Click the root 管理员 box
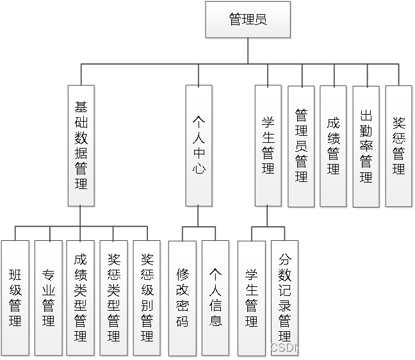click(x=247, y=19)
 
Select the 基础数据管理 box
click(x=81, y=145)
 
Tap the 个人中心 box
click(x=199, y=145)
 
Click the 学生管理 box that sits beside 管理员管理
click(x=268, y=145)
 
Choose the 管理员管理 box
click(x=301, y=146)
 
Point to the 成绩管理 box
click(x=333, y=146)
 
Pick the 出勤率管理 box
click(x=366, y=146)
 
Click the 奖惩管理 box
click(x=398, y=146)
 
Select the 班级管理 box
click(x=15, y=298)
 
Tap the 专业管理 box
click(x=48, y=298)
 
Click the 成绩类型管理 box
click(x=80, y=298)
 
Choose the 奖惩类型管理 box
click(x=113, y=298)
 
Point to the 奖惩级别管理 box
click(x=147, y=298)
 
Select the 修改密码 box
click(x=183, y=298)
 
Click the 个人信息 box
click(x=215, y=298)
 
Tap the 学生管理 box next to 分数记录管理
click(x=251, y=298)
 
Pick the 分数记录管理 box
click(x=284, y=298)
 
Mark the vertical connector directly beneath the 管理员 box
click(x=247, y=51)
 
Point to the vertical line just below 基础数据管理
click(x=81, y=217)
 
